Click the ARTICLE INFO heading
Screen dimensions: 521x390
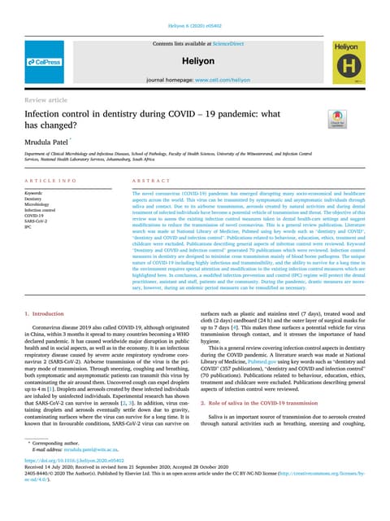[50, 181]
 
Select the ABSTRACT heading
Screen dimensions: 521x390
[136, 181]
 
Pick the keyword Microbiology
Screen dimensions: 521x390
[39, 204]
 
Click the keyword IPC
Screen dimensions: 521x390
[28, 227]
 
